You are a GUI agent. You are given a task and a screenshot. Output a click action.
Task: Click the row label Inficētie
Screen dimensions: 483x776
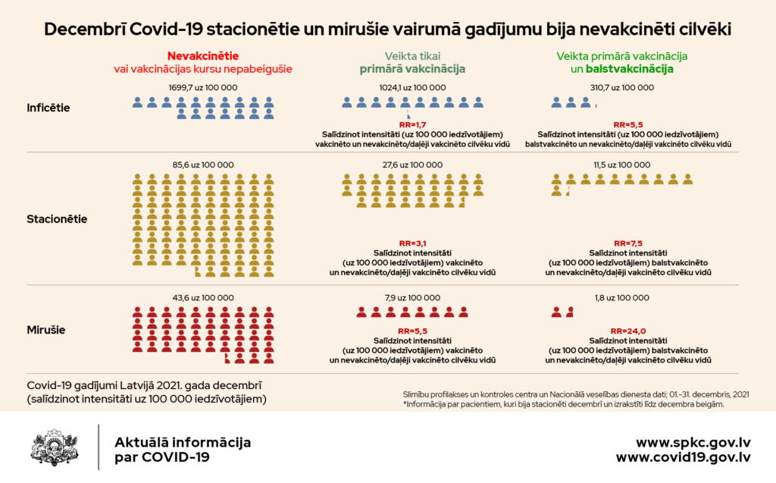click(48, 108)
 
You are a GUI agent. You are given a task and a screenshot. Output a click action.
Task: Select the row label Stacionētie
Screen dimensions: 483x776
click(57, 219)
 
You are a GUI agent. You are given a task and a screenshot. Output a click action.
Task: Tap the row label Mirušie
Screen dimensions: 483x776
click(45, 330)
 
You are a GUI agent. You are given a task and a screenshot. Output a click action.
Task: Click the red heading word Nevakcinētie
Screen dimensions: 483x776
click(202, 56)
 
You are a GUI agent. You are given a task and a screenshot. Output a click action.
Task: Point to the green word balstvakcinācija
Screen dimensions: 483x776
click(634, 69)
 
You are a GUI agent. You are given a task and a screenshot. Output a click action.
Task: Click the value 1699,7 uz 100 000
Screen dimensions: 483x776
click(202, 88)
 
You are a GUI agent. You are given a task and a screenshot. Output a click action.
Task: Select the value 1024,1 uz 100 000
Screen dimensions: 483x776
click(412, 88)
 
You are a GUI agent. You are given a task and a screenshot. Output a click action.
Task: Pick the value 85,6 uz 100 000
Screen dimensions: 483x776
click(202, 165)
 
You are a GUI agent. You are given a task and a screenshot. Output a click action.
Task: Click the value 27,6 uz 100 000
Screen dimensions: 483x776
click(412, 165)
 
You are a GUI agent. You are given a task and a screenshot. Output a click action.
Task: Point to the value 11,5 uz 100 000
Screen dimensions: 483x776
click(621, 165)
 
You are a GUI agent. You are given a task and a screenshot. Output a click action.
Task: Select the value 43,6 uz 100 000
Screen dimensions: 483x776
click(202, 298)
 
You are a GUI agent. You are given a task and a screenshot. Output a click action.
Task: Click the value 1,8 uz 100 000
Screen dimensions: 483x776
click(621, 298)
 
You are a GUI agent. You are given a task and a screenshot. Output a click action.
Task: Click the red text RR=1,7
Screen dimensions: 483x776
click(412, 124)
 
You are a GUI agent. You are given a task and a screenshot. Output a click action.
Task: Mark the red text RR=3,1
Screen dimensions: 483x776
click(412, 243)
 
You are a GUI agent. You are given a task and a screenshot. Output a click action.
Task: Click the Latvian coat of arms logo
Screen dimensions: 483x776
click(55, 447)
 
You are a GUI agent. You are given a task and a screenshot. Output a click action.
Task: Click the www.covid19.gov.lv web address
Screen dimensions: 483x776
click(683, 457)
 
